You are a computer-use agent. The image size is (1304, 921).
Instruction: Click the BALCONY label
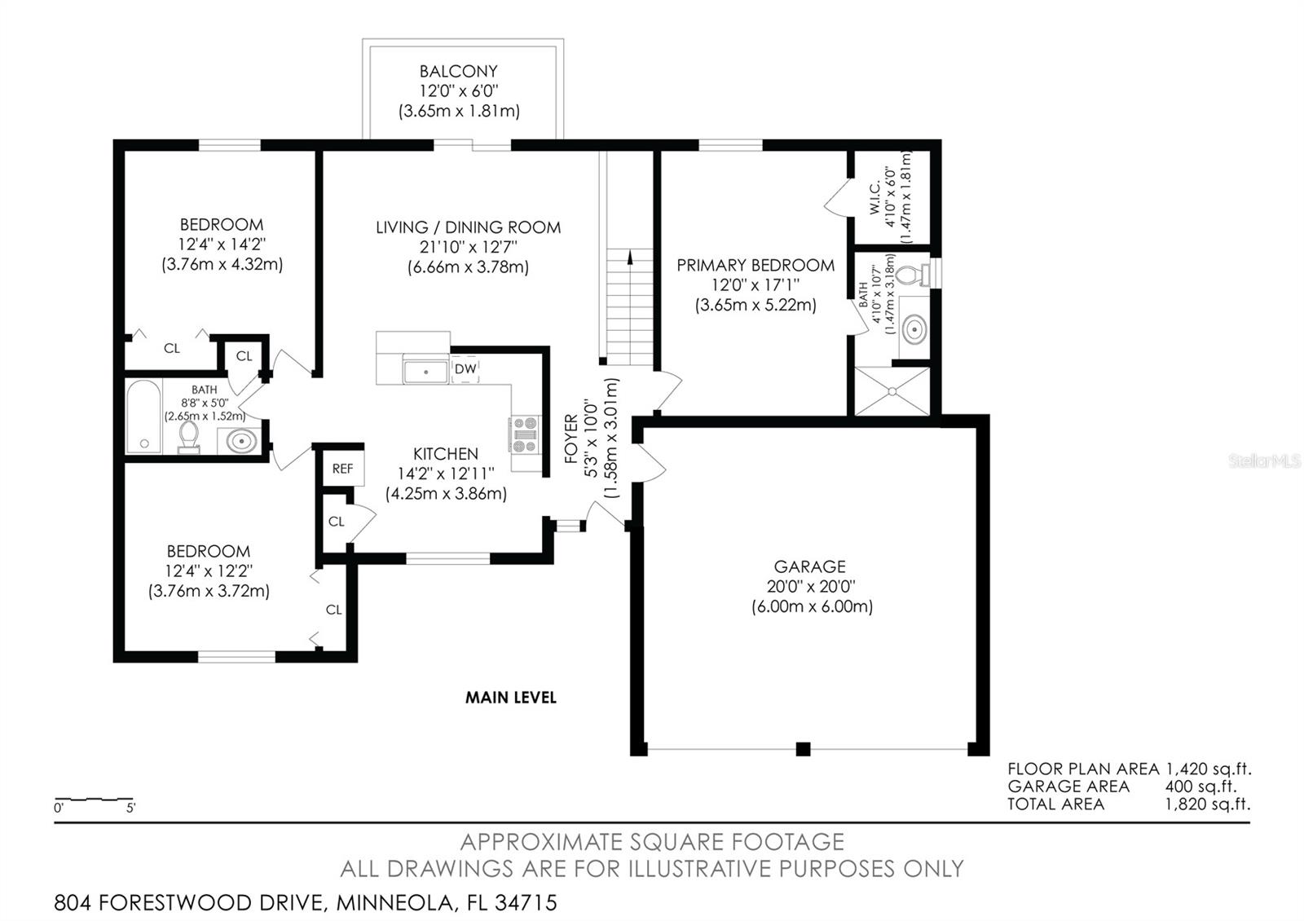click(458, 71)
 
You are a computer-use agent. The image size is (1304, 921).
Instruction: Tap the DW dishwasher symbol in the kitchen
click(465, 369)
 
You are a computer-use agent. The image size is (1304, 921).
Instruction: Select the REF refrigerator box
click(342, 469)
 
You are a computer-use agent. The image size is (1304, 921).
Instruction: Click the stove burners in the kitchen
click(525, 434)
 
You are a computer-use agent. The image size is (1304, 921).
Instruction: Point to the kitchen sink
click(425, 372)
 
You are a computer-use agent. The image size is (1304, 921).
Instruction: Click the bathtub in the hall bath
click(143, 416)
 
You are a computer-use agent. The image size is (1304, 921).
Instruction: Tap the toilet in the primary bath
click(913, 274)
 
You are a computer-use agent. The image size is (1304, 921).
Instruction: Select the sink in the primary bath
click(914, 329)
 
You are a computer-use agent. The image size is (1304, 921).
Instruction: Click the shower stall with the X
click(892, 391)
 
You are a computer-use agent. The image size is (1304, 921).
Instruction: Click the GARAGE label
click(809, 566)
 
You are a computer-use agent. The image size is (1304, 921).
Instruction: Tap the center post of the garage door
click(803, 749)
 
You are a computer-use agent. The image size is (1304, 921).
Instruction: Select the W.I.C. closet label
click(874, 198)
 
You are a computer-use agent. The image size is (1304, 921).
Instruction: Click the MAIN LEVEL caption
click(510, 698)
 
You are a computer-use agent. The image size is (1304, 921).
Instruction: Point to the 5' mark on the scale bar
click(131, 808)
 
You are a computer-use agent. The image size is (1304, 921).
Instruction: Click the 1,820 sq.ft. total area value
click(1207, 804)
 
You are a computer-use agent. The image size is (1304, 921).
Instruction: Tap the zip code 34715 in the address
click(526, 902)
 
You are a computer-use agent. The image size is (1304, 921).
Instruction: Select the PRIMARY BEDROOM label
click(756, 266)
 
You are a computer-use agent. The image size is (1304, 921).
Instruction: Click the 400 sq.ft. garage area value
click(1200, 787)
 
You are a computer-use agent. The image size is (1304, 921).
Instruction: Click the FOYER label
click(571, 438)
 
